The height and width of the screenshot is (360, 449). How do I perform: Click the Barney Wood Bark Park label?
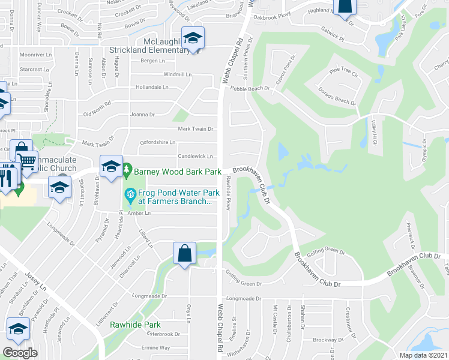pos(178,172)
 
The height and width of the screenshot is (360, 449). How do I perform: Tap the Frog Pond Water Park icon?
pos(128,194)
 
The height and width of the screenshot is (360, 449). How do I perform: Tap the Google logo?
pos(20,353)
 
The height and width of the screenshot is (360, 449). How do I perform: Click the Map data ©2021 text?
pos(423,355)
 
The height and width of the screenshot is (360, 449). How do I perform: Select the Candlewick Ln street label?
pos(195,156)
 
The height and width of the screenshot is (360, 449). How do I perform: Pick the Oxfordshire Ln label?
pos(157,142)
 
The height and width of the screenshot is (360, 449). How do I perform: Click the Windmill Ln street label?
pos(178,74)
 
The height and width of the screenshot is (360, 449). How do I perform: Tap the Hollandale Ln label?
pos(152,87)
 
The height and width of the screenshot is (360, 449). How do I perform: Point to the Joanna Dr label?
pos(142,114)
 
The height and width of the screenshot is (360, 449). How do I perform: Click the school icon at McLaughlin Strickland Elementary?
pos(193,38)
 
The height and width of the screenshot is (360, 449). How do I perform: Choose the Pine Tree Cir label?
pos(343,73)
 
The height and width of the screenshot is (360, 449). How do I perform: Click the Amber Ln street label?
pos(139,213)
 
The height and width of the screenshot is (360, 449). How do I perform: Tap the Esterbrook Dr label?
pos(163,334)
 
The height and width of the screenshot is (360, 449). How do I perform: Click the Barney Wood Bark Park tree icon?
pos(127,172)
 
